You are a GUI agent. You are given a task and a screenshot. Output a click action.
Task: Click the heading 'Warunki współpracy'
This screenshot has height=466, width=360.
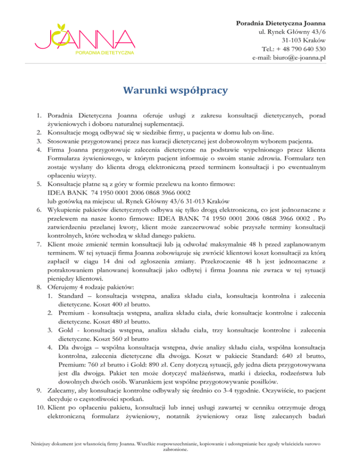180,89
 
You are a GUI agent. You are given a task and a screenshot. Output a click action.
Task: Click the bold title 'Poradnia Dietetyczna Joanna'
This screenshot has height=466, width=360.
281,23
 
